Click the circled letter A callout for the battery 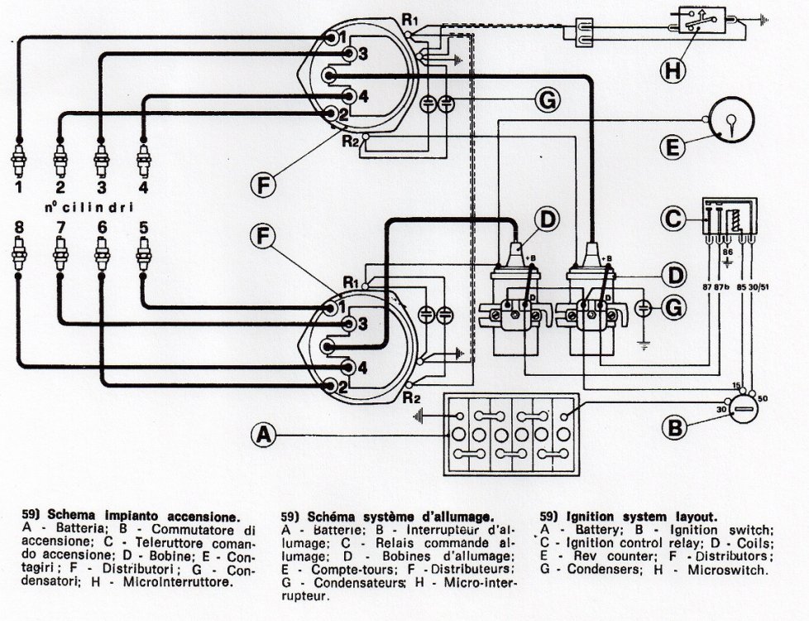click(x=264, y=435)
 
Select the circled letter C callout click(x=673, y=218)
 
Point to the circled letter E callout click(x=673, y=147)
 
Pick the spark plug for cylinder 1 click(x=19, y=159)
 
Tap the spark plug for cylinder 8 click(x=19, y=254)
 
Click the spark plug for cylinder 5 click(x=143, y=254)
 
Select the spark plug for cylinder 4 click(x=143, y=159)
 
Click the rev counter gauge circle click(x=732, y=119)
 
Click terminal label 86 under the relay click(x=727, y=252)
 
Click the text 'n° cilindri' click(x=89, y=208)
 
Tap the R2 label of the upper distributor click(x=351, y=141)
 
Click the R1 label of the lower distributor click(x=351, y=282)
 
